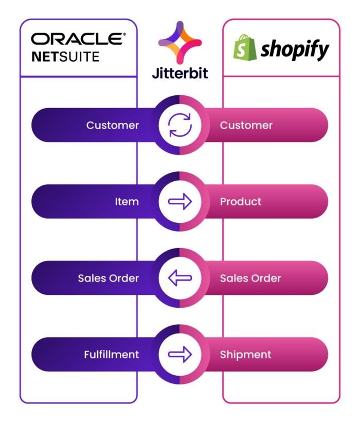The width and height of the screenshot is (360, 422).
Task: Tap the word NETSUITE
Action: (x=65, y=57)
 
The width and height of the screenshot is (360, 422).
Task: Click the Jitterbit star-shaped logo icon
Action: (x=180, y=43)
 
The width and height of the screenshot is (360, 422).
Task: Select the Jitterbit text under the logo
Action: (x=180, y=73)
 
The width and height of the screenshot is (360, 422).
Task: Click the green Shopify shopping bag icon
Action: (x=245, y=47)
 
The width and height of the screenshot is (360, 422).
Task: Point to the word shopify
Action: (x=295, y=49)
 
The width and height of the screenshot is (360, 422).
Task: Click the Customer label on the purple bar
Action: (x=113, y=125)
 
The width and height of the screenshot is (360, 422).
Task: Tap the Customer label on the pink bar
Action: (x=246, y=125)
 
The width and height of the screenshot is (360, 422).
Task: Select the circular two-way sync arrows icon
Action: (x=180, y=125)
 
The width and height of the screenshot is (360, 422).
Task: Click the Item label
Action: (x=127, y=202)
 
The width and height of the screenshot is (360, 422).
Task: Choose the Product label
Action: (x=240, y=202)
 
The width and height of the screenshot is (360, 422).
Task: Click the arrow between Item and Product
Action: (x=180, y=201)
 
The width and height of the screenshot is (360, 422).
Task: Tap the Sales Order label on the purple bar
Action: (x=109, y=278)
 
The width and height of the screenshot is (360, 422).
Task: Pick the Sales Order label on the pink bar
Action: (x=250, y=278)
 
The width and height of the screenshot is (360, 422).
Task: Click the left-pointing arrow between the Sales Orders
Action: (x=180, y=278)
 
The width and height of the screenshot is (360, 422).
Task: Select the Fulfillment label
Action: (x=111, y=355)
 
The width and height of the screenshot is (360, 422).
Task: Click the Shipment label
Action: (x=245, y=355)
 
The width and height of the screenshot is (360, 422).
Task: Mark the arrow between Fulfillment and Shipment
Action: (x=180, y=354)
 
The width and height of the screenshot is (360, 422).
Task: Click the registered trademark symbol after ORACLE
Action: (x=124, y=34)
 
